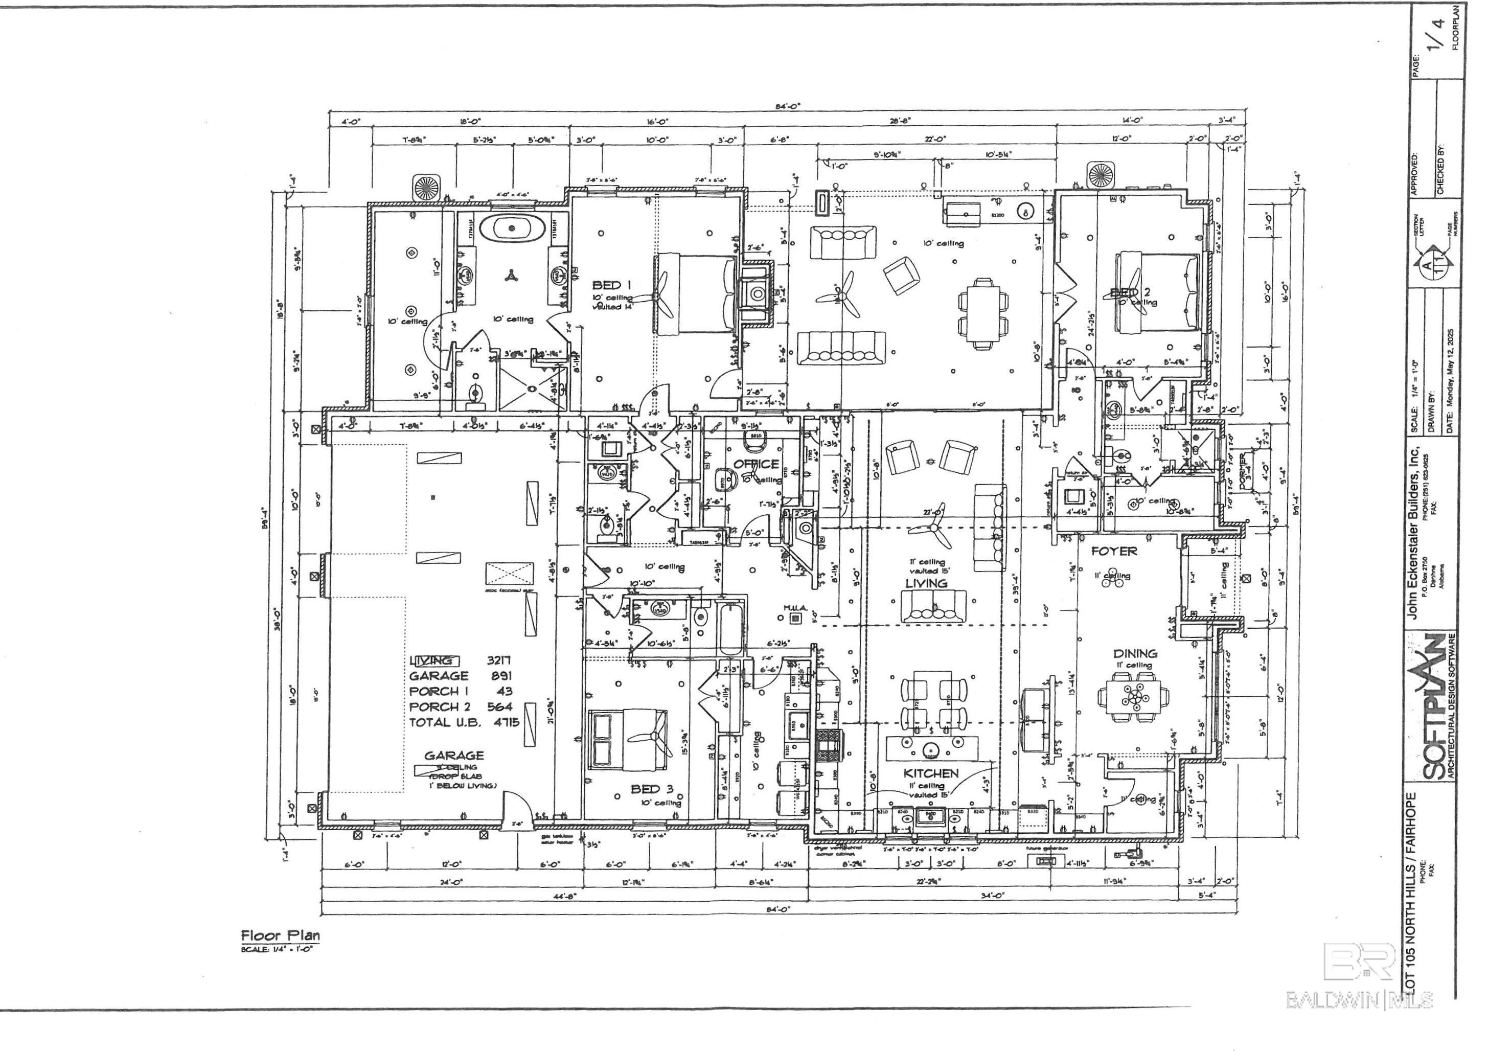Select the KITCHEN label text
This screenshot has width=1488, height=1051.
tap(931, 773)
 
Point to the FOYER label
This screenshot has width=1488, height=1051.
tap(1113, 552)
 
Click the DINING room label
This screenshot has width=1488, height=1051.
tap(1135, 653)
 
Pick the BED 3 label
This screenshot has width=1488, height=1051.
tap(652, 789)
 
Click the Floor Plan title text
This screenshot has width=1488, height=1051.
tap(281, 935)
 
